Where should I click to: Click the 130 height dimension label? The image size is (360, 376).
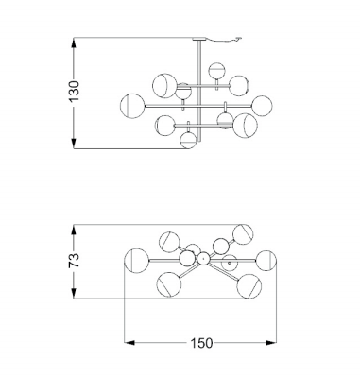click(74, 92)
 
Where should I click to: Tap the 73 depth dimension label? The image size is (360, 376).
click(74, 260)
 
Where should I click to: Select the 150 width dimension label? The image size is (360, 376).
click(201, 343)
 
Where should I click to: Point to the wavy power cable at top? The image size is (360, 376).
click(224, 40)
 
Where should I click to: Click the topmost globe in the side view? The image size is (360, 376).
click(217, 71)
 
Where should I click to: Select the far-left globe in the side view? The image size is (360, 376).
click(132, 106)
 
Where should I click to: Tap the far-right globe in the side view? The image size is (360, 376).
click(262, 106)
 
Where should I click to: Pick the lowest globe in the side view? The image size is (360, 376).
click(188, 140)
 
